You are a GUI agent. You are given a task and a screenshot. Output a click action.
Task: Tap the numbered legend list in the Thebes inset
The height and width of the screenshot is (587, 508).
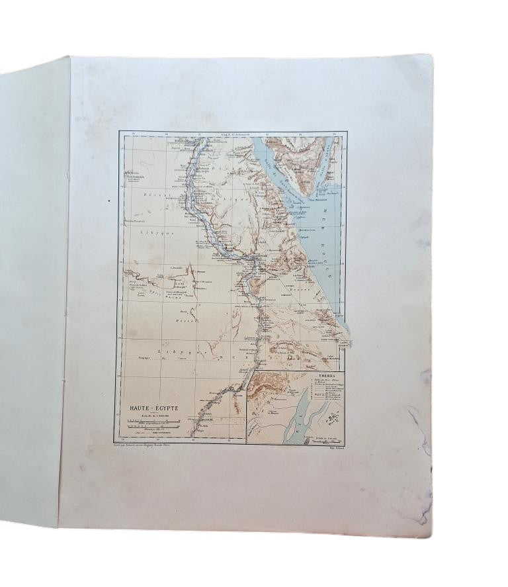click(x=324, y=391)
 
